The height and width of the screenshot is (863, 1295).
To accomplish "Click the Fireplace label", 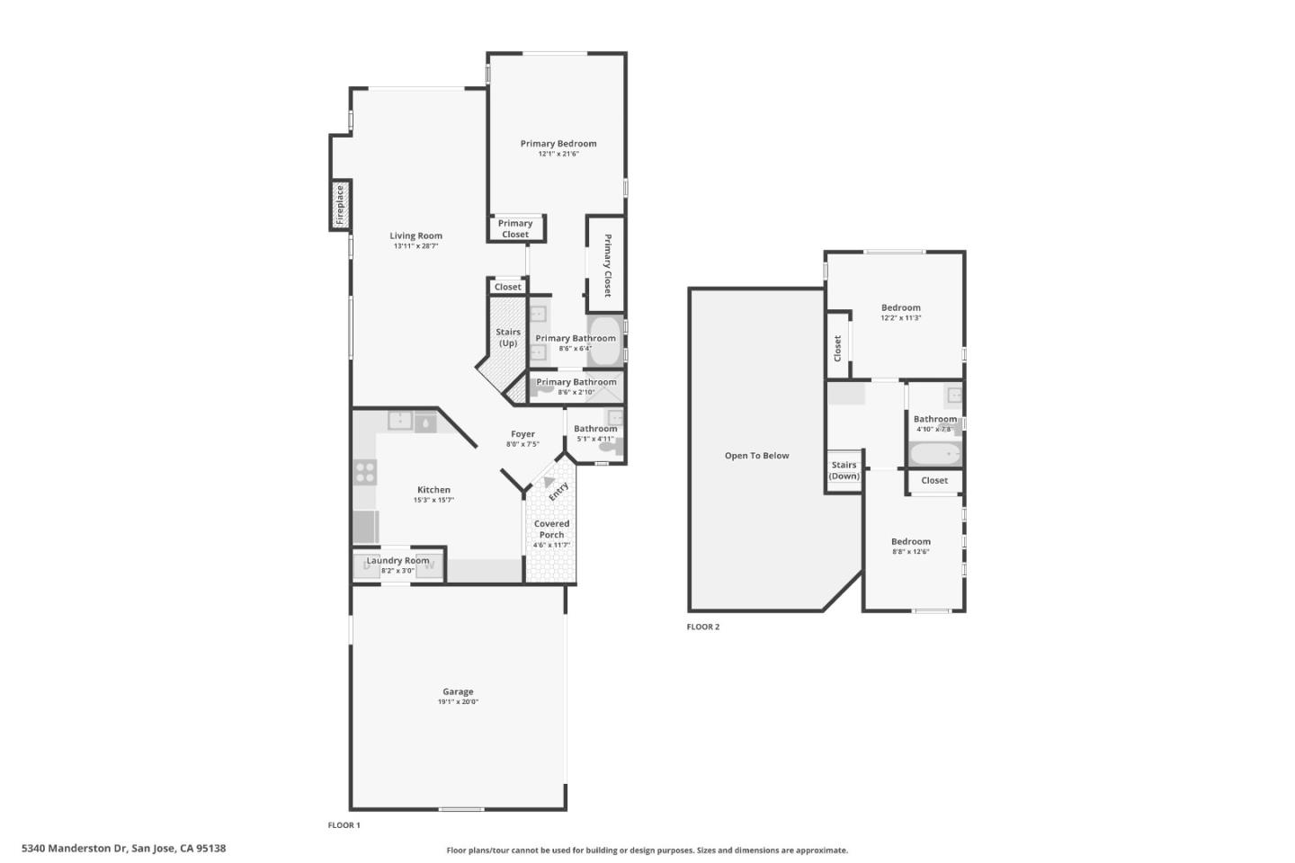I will click(x=340, y=205).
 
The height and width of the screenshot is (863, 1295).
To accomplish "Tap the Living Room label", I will click(x=415, y=236).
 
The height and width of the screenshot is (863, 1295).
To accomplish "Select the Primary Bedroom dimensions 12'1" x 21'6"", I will click(x=558, y=154).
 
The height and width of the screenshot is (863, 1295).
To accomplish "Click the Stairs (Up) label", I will click(x=508, y=337).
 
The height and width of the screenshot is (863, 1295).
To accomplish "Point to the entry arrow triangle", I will click(x=549, y=483).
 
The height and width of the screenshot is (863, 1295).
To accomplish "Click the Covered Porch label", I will click(x=551, y=529).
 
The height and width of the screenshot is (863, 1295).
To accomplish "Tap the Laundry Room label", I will click(x=397, y=560).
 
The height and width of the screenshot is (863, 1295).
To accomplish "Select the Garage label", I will click(x=458, y=691).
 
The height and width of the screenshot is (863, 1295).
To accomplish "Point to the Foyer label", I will click(x=522, y=433).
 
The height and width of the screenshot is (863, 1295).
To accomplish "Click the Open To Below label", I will click(x=756, y=456).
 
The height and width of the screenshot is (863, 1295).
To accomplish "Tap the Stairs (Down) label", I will click(x=844, y=470).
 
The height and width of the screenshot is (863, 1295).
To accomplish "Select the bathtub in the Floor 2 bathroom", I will click(x=935, y=454).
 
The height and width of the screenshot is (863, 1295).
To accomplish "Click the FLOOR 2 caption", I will click(x=703, y=627).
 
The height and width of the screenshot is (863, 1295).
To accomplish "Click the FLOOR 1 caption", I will click(x=344, y=824).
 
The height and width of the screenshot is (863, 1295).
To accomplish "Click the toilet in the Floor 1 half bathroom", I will click(x=611, y=447).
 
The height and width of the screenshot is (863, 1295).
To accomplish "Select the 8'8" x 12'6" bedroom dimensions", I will click(x=910, y=552).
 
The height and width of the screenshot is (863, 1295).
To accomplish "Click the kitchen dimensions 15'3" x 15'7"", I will click(x=433, y=500).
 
